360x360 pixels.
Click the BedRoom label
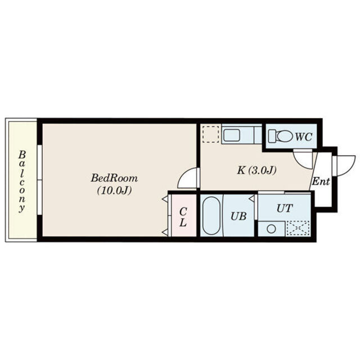(x=114, y=178)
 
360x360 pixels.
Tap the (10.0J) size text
(x=114, y=190)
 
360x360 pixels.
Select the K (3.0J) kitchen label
(x=256, y=170)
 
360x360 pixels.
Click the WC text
(x=303, y=137)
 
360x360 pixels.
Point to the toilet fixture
(x=281, y=136)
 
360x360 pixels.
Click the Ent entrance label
(x=321, y=181)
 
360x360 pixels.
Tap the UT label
(x=285, y=208)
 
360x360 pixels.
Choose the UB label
(x=238, y=216)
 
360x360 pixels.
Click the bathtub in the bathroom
(x=211, y=215)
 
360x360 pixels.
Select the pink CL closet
(x=184, y=215)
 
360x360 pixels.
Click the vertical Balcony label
(x=22, y=181)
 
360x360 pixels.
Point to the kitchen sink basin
(x=232, y=135)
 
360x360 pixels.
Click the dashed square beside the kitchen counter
(x=211, y=134)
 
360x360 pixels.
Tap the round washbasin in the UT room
(x=271, y=229)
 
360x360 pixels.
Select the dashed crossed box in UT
(x=298, y=228)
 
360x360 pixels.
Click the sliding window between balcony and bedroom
(x=39, y=180)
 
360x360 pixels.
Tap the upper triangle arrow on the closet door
(x=165, y=199)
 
